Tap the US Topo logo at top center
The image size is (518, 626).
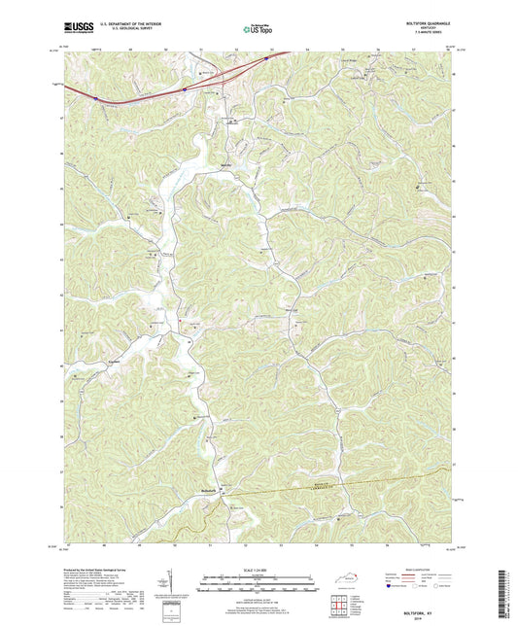(x=258, y=30)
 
